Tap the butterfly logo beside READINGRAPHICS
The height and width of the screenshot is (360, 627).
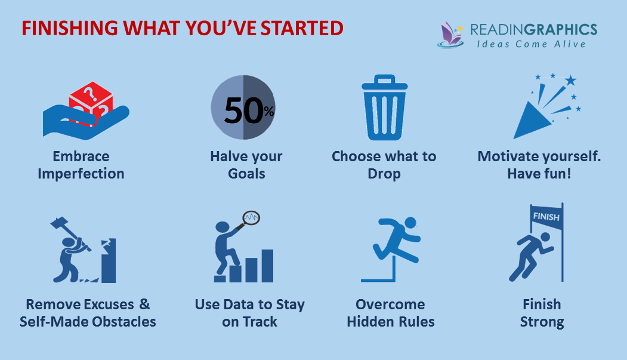[452, 34]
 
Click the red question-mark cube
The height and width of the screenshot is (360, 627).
[90, 101]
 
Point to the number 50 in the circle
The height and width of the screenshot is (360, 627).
[239, 110]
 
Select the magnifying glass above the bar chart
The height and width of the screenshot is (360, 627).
[250, 218]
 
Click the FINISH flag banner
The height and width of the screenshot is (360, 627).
[546, 217]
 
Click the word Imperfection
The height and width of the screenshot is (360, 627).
[81, 174]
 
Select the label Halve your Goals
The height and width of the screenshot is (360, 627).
[246, 165]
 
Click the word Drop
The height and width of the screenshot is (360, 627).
[384, 174]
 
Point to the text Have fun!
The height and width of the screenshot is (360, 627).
[539, 174]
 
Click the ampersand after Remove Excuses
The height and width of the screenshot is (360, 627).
[144, 304]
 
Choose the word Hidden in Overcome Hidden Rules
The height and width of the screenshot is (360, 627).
[374, 322]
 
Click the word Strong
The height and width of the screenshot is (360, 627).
[542, 322]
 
